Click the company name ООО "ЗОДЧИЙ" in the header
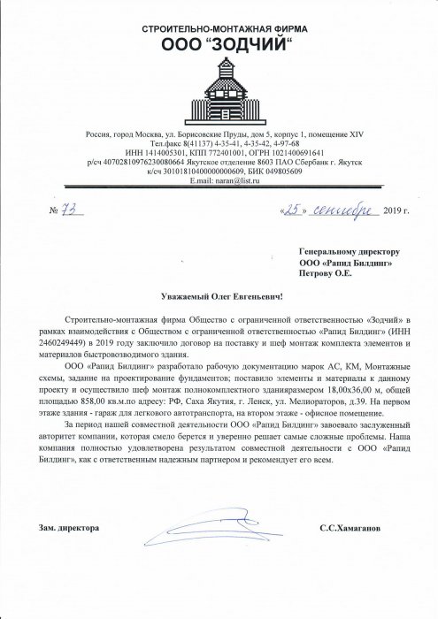tap(219, 45)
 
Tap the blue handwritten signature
tap(212, 532)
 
